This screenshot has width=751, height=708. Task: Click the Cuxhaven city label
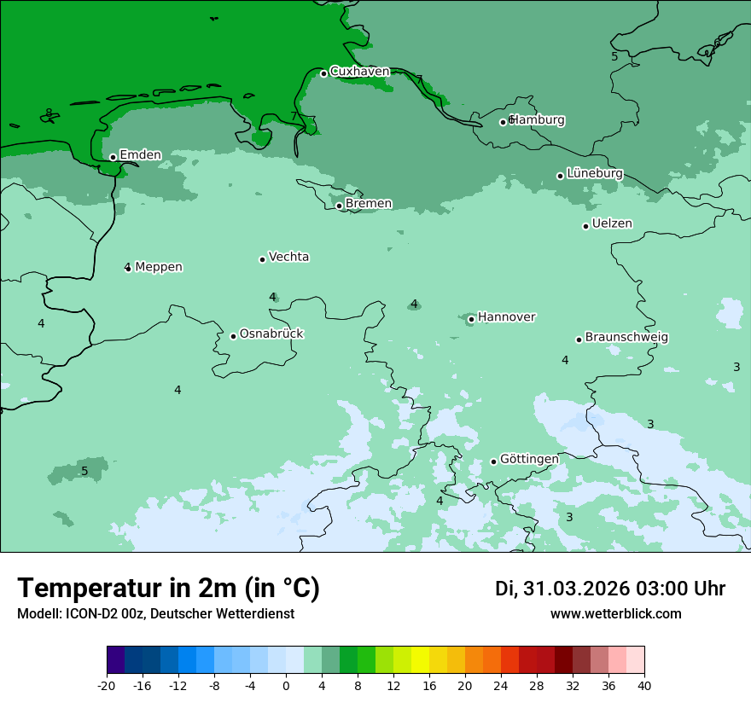click(x=359, y=72)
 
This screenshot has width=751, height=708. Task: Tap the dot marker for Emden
click(x=113, y=157)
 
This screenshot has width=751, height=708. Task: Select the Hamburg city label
click(x=537, y=120)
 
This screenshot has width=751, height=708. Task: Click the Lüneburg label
click(x=594, y=173)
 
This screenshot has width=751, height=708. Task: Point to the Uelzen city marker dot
click(x=585, y=226)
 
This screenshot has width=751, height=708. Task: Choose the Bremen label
click(x=369, y=204)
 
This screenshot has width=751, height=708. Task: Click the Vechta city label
click(x=288, y=257)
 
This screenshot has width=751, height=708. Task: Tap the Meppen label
click(x=159, y=267)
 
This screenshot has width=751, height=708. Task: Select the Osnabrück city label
click(x=271, y=334)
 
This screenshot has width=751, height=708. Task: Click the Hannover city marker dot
click(x=471, y=319)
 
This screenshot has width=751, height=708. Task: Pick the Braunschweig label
click(x=626, y=337)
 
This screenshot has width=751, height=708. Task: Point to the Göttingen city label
click(x=529, y=459)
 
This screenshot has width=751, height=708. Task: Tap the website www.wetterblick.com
click(x=615, y=614)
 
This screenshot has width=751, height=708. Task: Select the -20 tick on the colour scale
click(x=107, y=685)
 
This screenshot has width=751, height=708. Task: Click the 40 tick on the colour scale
click(x=644, y=685)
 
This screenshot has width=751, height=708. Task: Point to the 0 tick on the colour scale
click(x=286, y=685)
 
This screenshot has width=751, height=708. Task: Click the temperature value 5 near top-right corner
click(x=614, y=56)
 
